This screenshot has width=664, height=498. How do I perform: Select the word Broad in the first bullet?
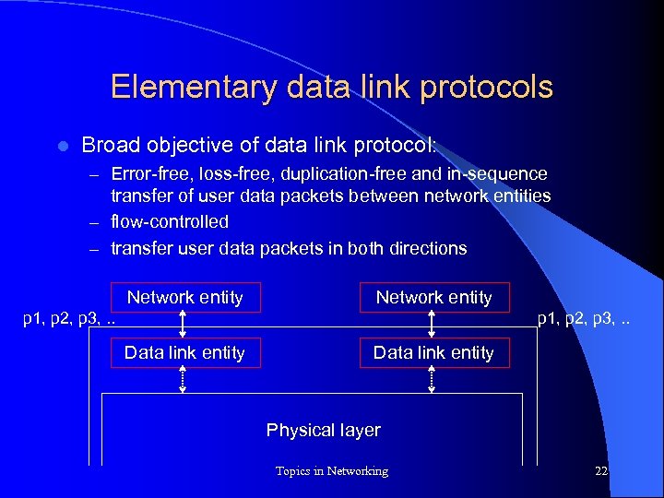pyautogui.click(x=109, y=145)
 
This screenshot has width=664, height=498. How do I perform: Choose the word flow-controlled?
pyautogui.click(x=170, y=222)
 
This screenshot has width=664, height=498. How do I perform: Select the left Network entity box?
pyautogui.click(x=184, y=297)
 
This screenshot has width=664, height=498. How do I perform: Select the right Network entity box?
pyautogui.click(x=433, y=297)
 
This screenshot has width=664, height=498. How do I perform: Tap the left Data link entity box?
pyautogui.click(x=184, y=352)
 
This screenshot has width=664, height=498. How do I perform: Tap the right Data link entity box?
pyautogui.click(x=433, y=352)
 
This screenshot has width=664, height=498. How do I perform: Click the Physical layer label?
pyautogui.click(x=323, y=430)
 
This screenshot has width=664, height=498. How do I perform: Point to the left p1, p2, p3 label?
pyautogui.click(x=70, y=320)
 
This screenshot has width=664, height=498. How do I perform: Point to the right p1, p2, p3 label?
pyautogui.click(x=584, y=320)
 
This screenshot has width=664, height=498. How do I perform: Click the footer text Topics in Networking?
pyautogui.click(x=332, y=471)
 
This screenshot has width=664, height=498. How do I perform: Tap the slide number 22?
pyautogui.click(x=601, y=471)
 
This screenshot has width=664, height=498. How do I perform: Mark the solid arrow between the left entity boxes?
pyautogui.click(x=184, y=325)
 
